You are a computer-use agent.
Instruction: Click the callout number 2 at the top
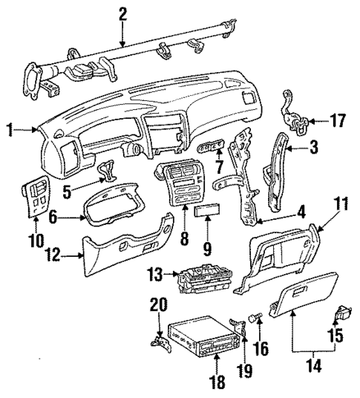coord(122,13)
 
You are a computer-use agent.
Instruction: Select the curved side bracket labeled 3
coord(284,160)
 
